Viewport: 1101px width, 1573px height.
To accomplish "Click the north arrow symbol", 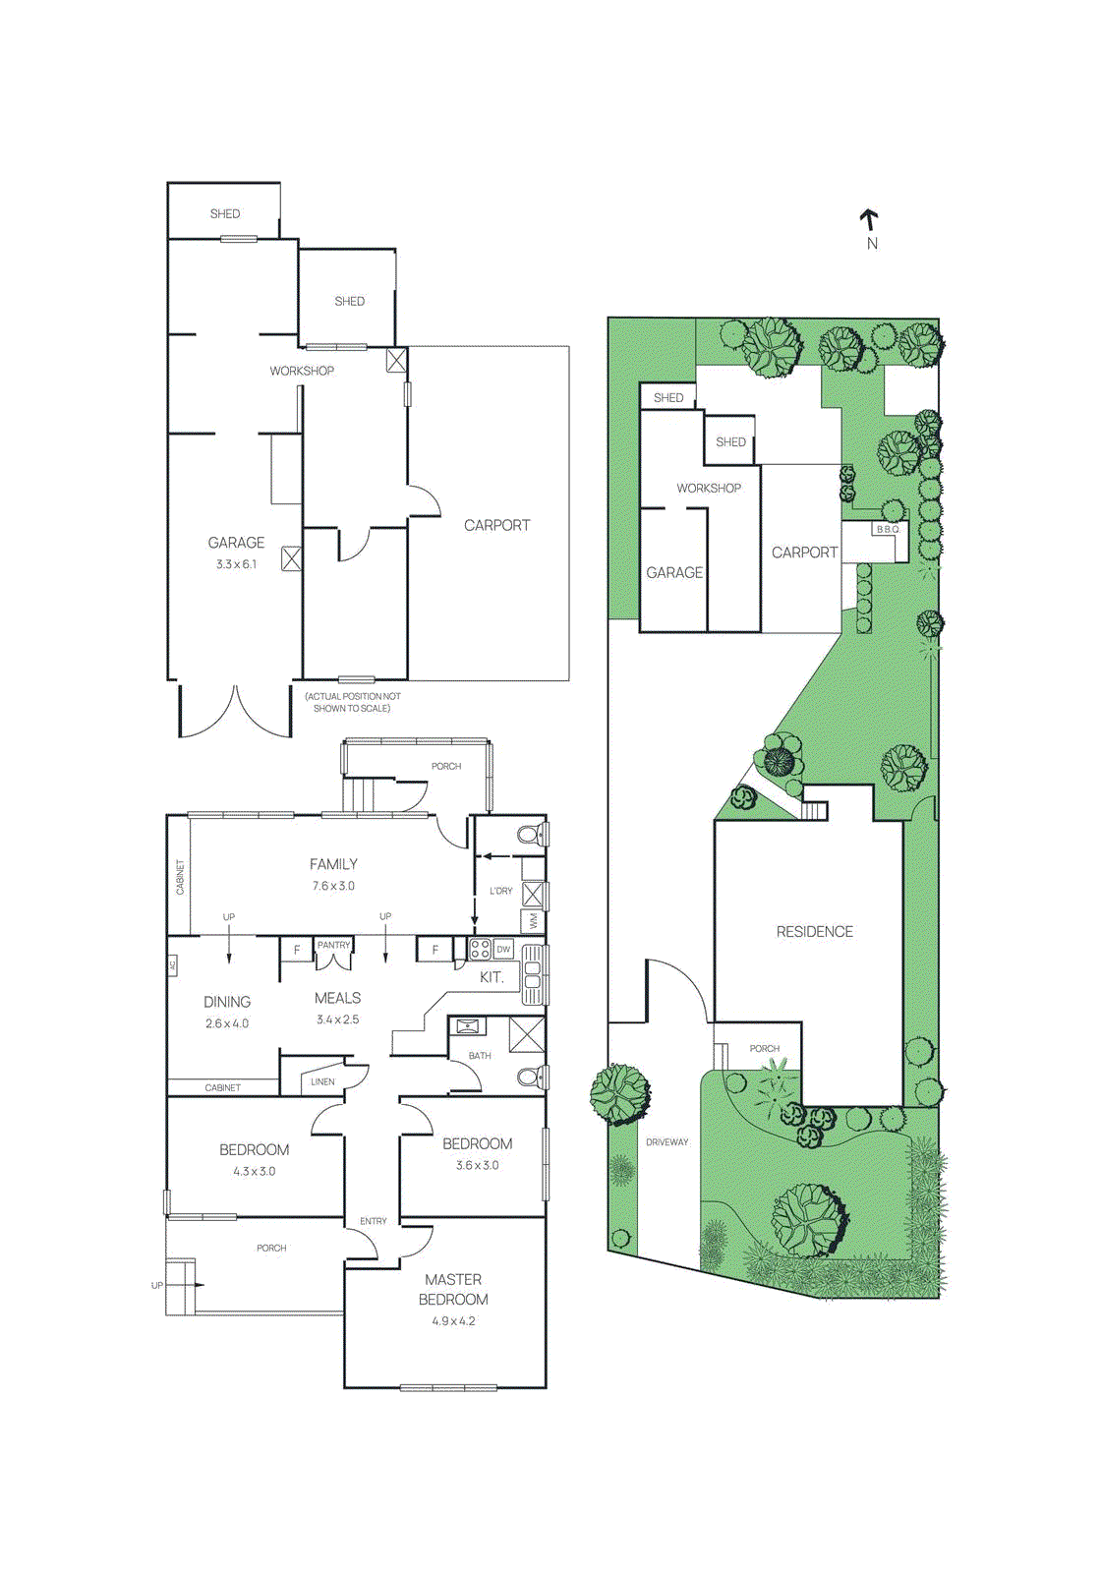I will pos(869,220).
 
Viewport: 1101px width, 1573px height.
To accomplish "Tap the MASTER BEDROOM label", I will pos(453,1289).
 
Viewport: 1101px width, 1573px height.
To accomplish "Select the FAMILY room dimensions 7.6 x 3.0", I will pos(333,886).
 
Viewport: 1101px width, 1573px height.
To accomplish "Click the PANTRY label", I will pos(333,945).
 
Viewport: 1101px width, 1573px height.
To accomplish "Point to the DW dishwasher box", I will pos(504,950).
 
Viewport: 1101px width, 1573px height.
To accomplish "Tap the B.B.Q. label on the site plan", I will pos(888,530).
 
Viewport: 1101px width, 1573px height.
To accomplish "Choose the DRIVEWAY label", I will pos(667,1142).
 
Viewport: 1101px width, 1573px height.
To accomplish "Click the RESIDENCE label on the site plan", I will pos(815,932).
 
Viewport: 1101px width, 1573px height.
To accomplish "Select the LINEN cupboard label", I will pos(322,1081).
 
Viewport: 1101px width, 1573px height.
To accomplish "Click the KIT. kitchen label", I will pos(492,977).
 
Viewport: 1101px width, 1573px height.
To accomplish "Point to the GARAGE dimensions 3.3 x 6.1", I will pos(236,564).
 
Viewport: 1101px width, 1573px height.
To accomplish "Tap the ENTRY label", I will pos(374,1221).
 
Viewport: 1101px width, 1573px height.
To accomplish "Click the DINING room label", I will pos(227,1002).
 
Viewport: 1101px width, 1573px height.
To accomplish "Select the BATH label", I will pos(480,1056).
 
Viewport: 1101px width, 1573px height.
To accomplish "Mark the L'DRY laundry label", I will pos(501,891).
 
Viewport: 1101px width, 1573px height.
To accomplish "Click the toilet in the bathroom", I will pos(531,1078).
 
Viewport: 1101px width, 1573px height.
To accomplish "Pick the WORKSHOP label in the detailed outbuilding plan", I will pos(302,371).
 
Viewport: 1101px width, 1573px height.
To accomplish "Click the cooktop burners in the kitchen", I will pos(481,950).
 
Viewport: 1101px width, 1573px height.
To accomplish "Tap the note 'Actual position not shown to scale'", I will pos(352,702).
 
